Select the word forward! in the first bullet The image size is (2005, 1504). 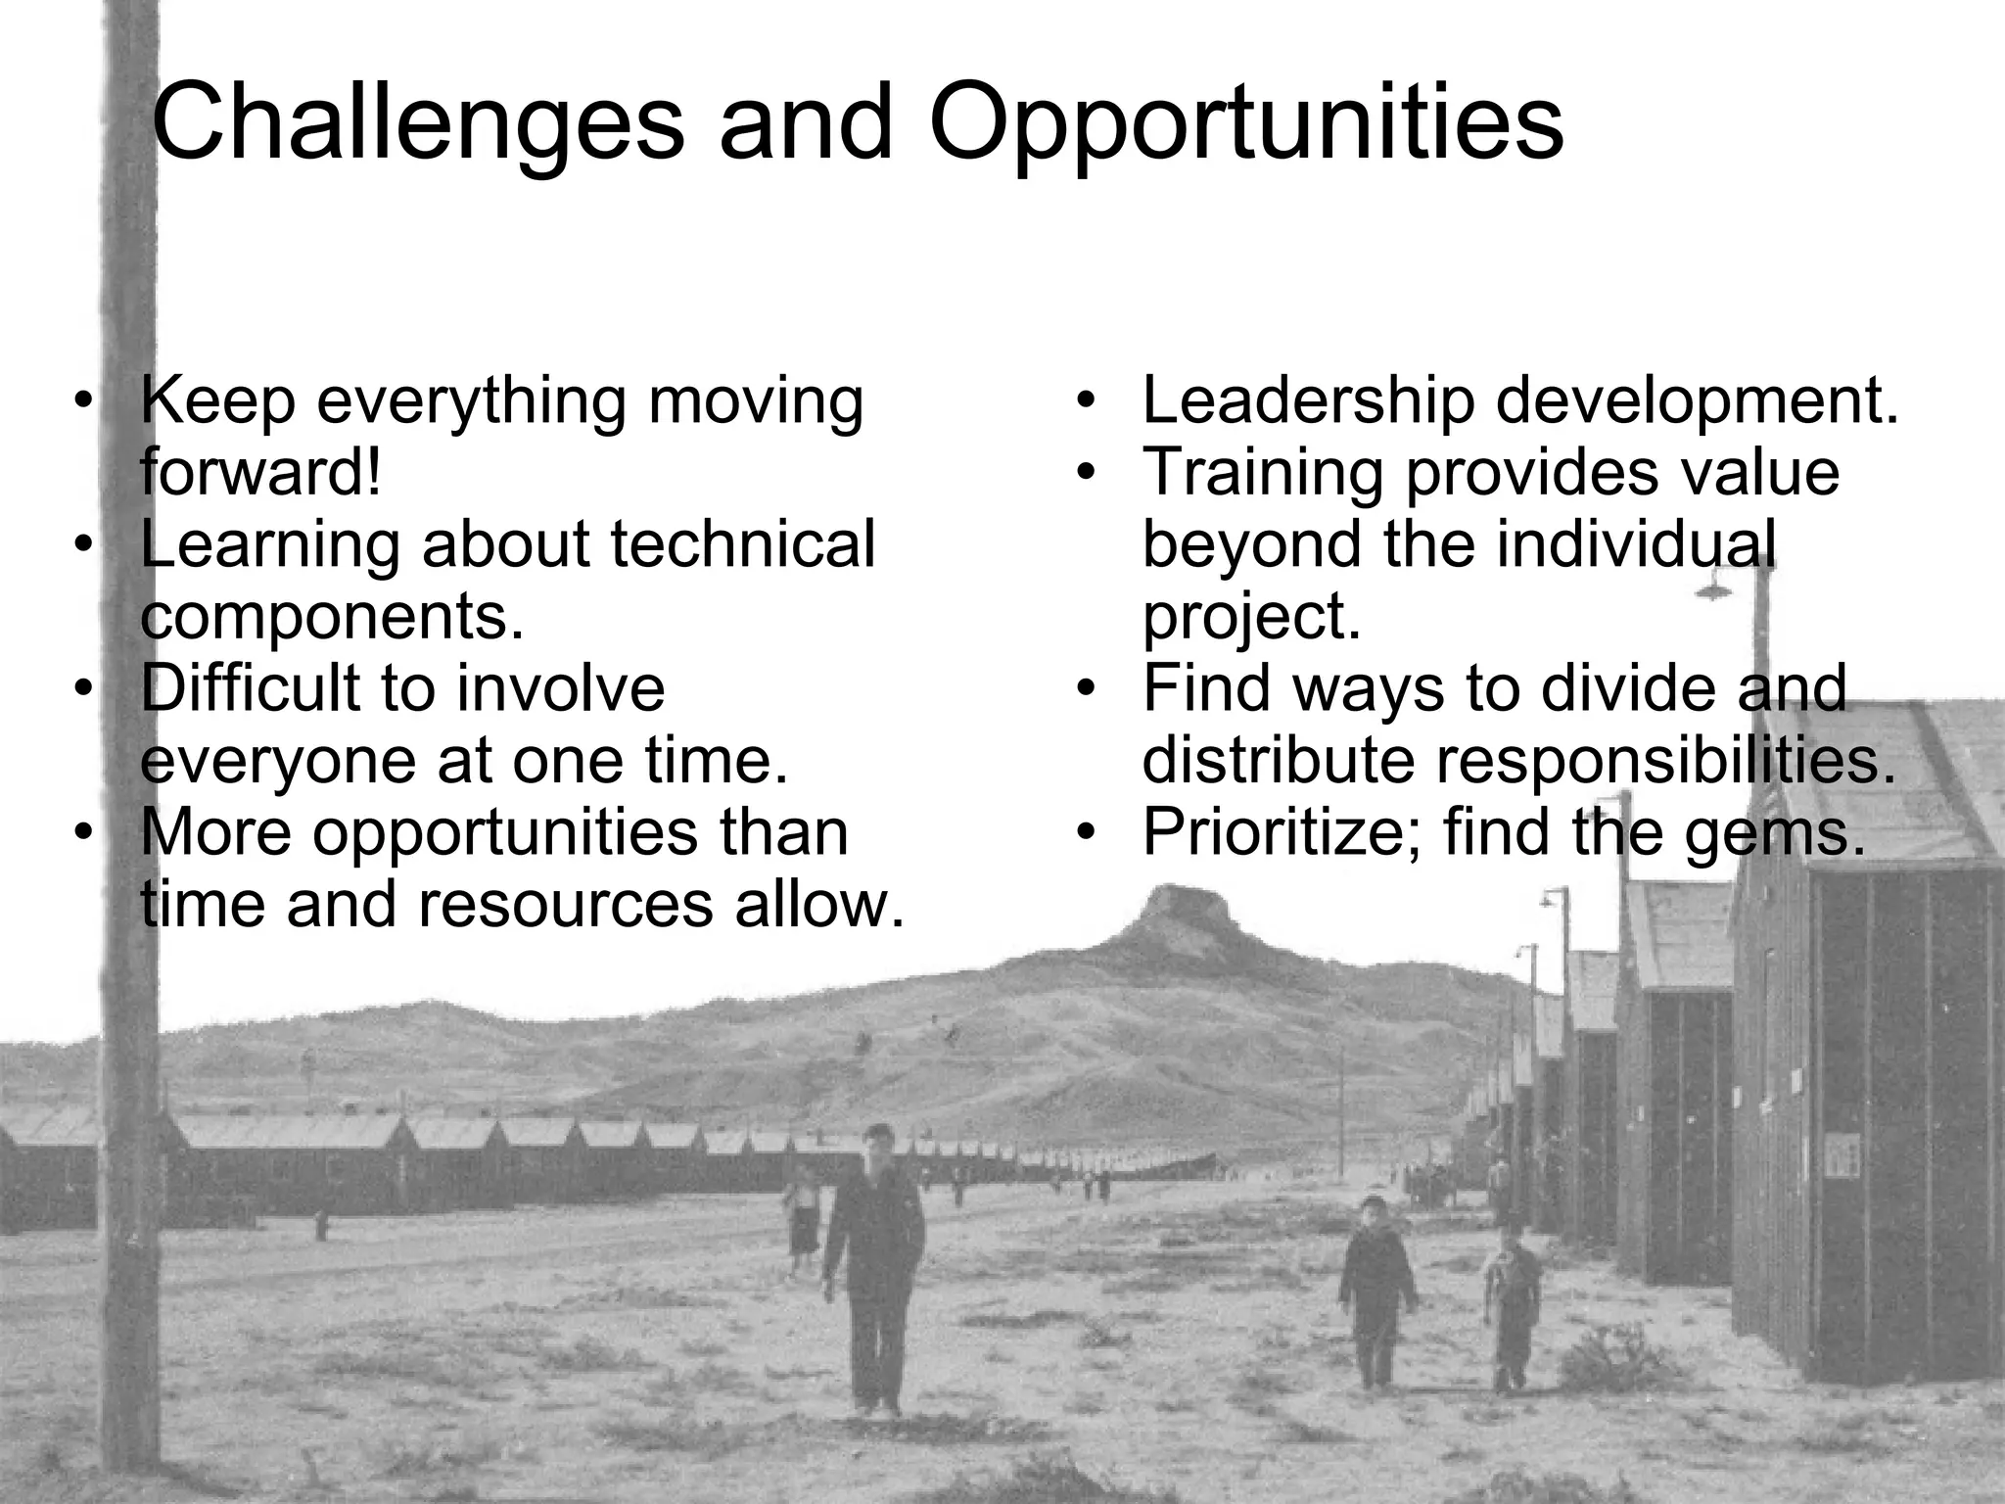pyautogui.click(x=259, y=472)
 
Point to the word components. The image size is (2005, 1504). pyautogui.click(x=332, y=616)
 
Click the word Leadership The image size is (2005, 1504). pyautogui.click(x=1308, y=400)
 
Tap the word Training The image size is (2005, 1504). pyautogui.click(x=1263, y=472)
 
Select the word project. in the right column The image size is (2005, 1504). pyautogui.click(x=1251, y=616)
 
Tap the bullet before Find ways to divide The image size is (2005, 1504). pyautogui.click(x=1085, y=688)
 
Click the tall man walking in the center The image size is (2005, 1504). pyautogui.click(x=875, y=1263)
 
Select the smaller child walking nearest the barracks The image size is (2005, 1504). pyautogui.click(x=1512, y=1312)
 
